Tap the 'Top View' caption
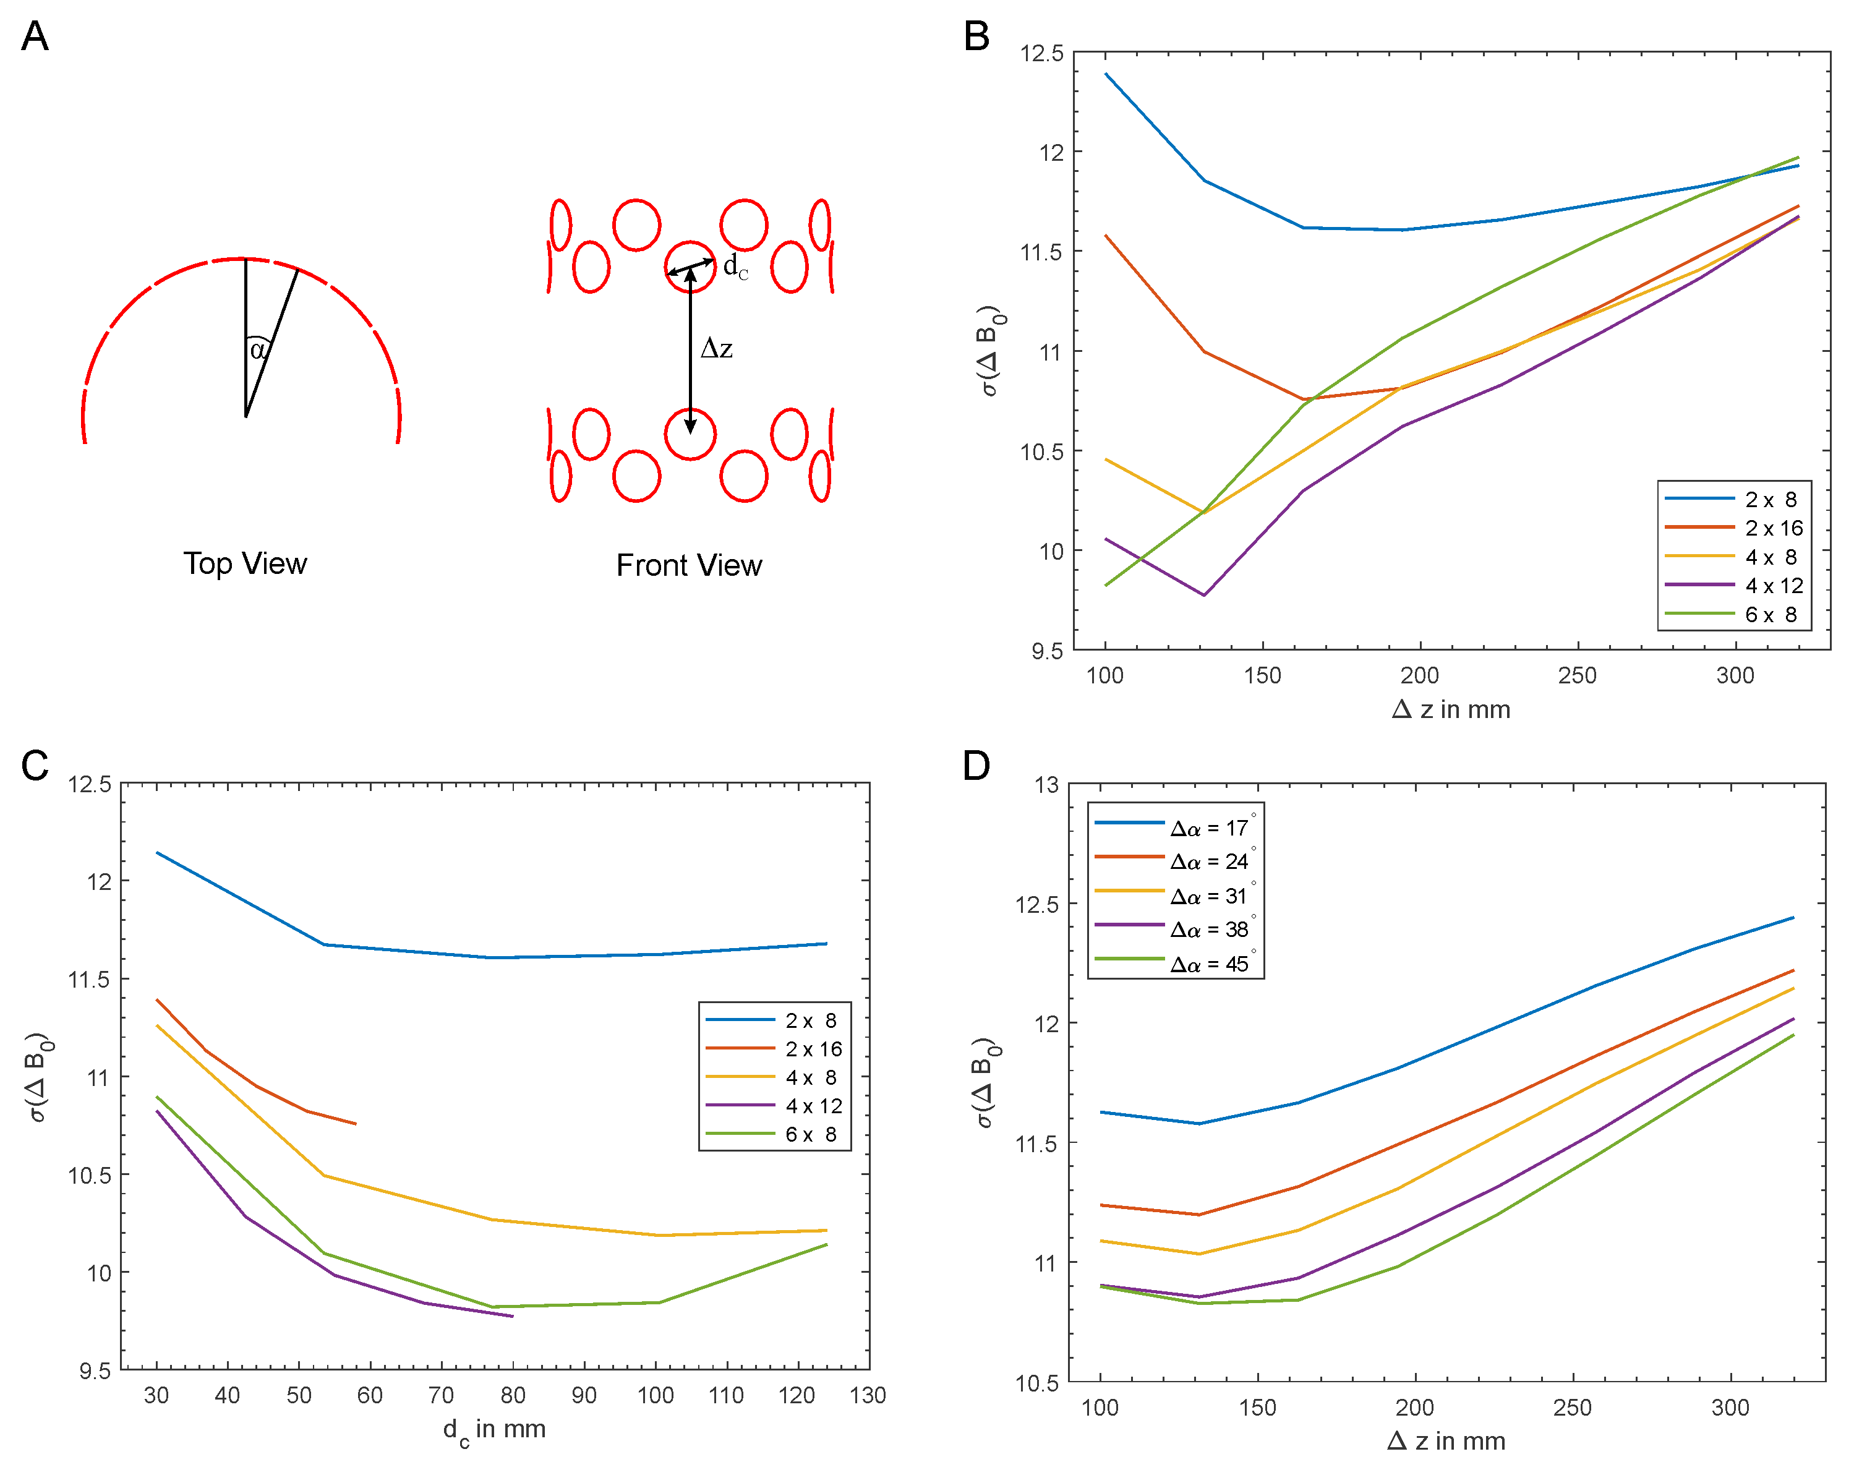tap(244, 564)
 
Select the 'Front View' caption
tap(689, 566)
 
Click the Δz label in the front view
tap(716, 348)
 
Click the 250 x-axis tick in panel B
tap(1577, 676)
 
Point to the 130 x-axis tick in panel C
tap(868, 1396)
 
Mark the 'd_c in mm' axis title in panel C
tap(495, 1430)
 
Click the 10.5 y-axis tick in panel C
tap(90, 1176)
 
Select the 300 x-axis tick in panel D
tap(1730, 1408)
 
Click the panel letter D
tap(976, 766)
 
